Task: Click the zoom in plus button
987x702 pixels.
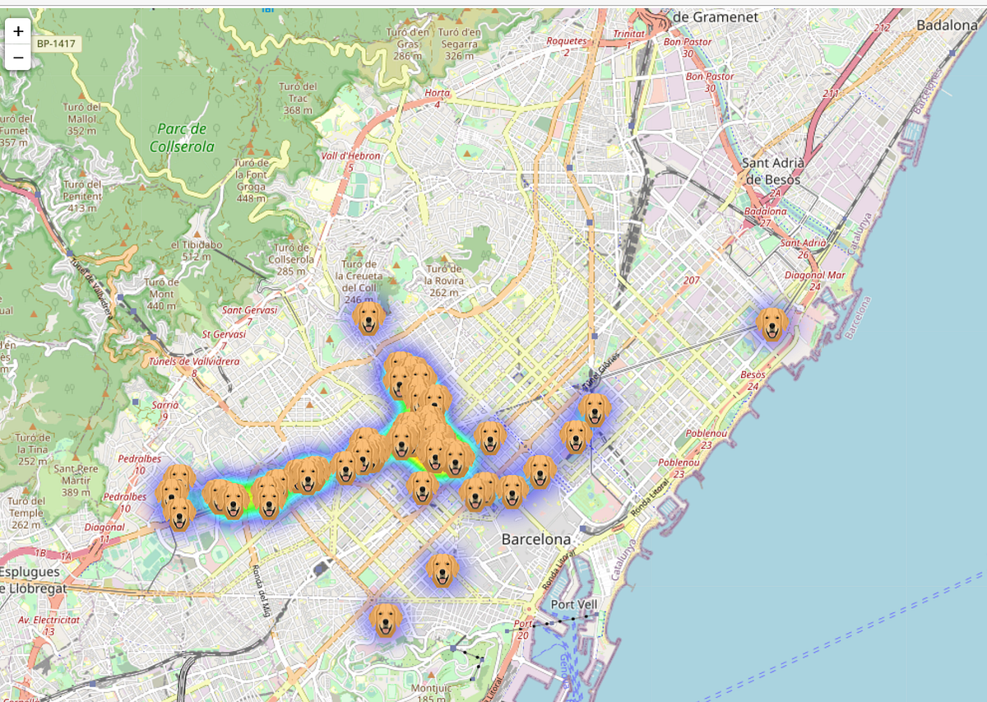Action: coord(17,31)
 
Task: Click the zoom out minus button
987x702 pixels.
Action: coord(17,57)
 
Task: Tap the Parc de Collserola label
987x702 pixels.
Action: coord(178,137)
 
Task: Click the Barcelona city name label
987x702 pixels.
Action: coord(536,540)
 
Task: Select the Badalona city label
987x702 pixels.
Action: coord(947,26)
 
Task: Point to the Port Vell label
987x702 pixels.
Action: coord(574,605)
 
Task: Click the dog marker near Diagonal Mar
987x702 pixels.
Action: coord(772,324)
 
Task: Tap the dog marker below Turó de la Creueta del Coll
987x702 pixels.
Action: coord(369,318)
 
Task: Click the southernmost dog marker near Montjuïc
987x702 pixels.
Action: coord(386,620)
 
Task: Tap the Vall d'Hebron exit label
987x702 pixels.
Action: coord(350,161)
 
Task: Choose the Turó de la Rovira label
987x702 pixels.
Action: coord(444,281)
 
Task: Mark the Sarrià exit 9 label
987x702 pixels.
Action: coord(165,410)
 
